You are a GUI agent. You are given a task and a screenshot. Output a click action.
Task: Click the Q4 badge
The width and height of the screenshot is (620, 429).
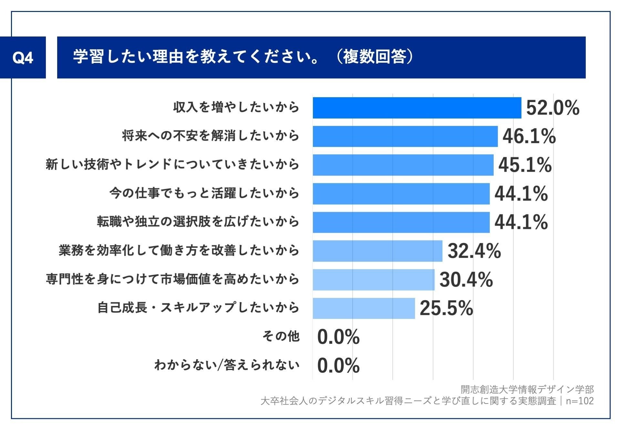23,57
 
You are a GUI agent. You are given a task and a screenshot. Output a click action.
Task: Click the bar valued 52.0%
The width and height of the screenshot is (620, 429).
417,108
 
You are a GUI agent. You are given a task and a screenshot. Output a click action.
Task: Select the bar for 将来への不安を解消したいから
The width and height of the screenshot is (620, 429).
405,136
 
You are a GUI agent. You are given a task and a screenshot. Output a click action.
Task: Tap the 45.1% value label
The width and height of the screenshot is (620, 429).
525,165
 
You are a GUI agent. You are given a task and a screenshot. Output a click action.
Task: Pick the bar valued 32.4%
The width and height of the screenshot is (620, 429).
377,251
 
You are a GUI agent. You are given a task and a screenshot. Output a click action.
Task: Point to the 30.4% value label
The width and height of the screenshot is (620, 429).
466,280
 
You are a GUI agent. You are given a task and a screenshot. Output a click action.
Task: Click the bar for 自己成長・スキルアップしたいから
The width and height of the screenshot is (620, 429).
364,308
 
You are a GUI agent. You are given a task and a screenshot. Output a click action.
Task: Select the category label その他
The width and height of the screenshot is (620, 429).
281,336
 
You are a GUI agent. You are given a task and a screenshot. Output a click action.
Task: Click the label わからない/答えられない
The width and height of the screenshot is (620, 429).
227,365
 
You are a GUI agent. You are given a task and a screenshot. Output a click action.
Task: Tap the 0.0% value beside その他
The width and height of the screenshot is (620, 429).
338,337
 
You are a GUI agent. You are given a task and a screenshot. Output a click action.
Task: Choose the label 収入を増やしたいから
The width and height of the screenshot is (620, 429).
236,107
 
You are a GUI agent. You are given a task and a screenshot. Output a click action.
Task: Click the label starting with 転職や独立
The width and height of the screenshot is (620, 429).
198,222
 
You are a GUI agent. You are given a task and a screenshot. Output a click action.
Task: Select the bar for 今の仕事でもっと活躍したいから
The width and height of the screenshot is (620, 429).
401,194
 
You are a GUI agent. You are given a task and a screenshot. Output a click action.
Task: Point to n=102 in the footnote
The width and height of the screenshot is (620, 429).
580,401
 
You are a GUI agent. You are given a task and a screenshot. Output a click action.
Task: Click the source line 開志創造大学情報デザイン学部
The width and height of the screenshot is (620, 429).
527,390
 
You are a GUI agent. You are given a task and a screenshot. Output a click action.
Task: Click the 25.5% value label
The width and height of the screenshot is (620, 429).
446,308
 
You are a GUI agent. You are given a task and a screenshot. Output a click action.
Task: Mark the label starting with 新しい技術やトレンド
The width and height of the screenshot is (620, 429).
172,165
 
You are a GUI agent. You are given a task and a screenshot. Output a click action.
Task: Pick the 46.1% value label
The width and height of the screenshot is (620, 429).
529,136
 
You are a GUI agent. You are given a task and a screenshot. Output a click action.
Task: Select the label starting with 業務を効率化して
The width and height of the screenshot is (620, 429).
179,250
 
